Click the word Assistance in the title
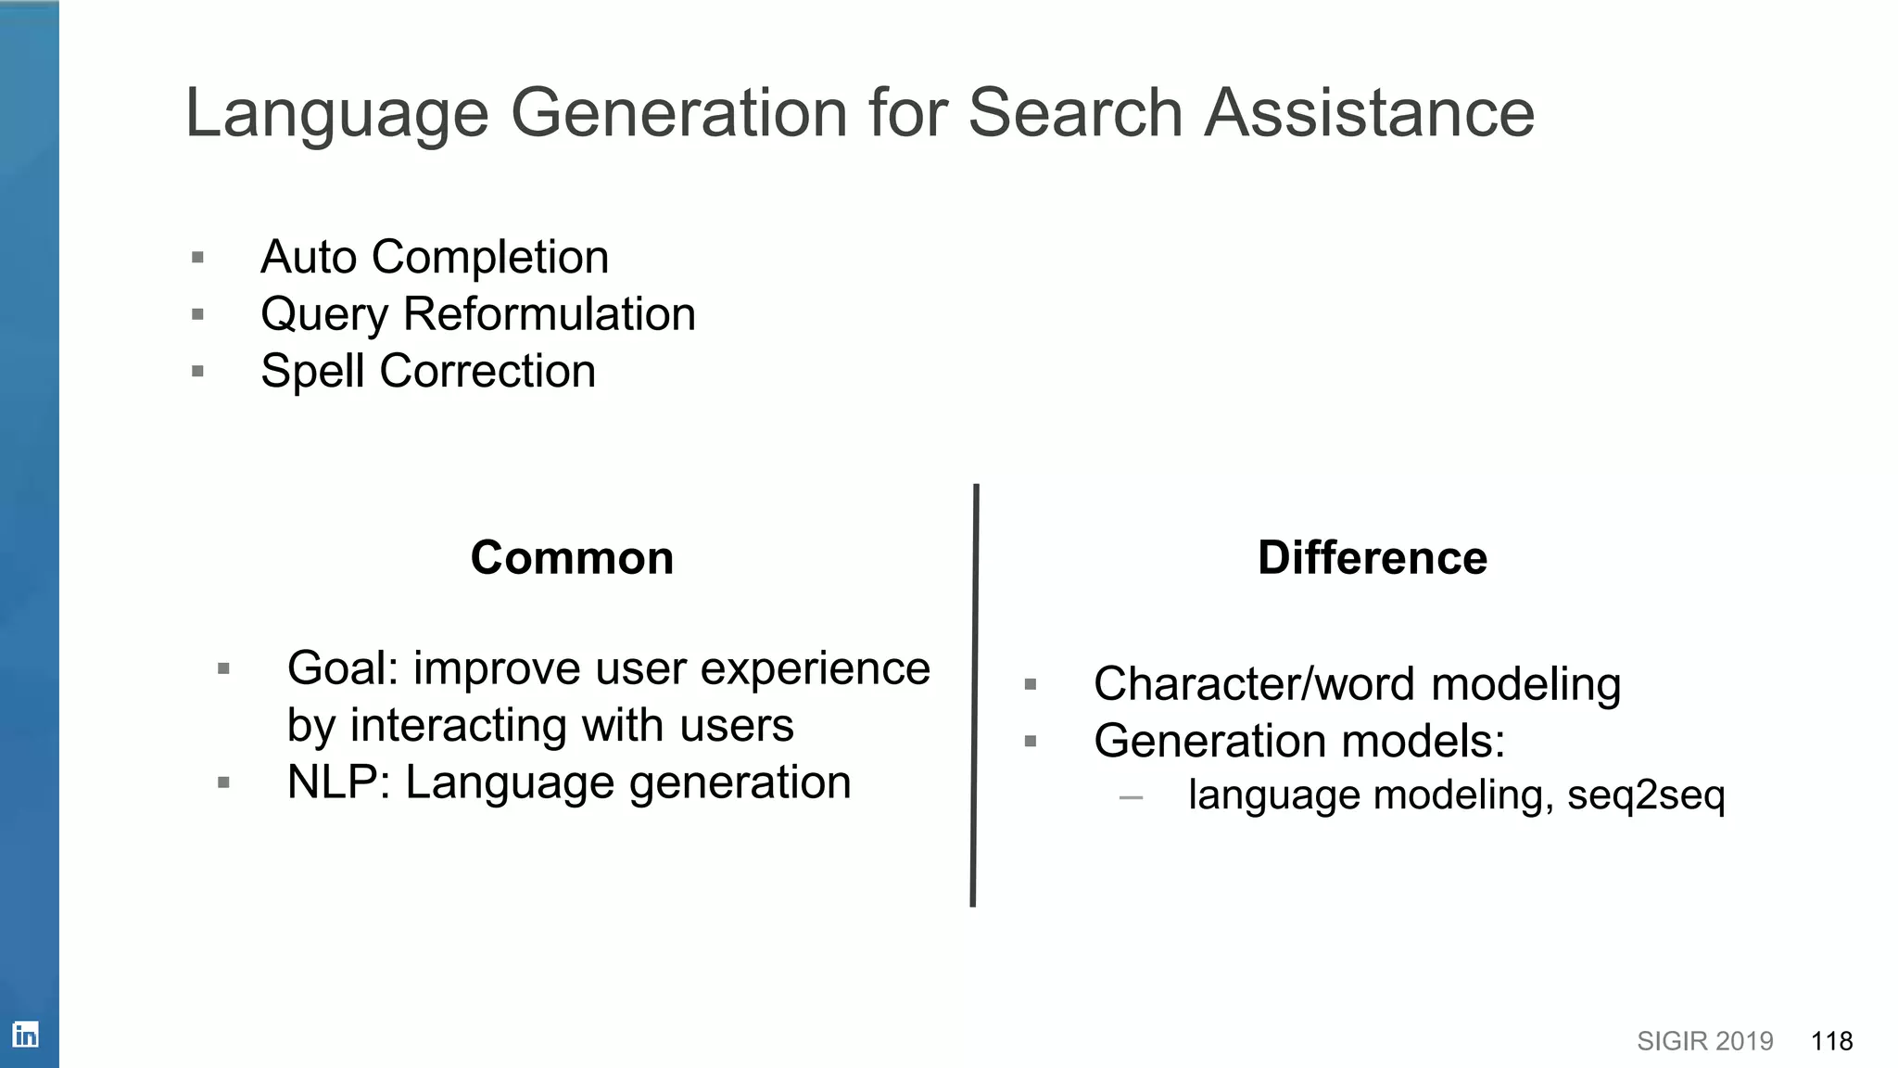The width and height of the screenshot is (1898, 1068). [x=1369, y=113]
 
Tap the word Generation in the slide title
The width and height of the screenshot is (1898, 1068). [x=678, y=113]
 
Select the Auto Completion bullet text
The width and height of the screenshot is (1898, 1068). [x=435, y=257]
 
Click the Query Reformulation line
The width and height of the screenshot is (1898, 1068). [x=477, y=314]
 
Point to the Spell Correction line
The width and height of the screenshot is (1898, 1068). [x=427, y=372]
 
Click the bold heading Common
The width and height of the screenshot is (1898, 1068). [x=572, y=558]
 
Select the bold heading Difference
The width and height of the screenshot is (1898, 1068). [x=1372, y=558]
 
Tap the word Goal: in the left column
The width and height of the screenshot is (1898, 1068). [x=343, y=668]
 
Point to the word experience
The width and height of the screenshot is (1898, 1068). [x=815, y=668]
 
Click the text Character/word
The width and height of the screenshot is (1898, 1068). [x=1254, y=684]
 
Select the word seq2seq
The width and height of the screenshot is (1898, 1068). [x=1646, y=795]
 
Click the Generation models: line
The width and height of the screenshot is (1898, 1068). [x=1299, y=742]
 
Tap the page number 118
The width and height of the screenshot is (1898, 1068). [x=1831, y=1041]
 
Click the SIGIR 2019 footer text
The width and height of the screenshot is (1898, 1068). [x=1704, y=1041]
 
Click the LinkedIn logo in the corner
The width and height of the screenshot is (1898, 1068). [x=25, y=1035]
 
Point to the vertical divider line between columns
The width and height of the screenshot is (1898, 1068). [x=974, y=695]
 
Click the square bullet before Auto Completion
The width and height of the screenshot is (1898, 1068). [x=197, y=258]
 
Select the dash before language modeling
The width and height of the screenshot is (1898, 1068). [x=1131, y=797]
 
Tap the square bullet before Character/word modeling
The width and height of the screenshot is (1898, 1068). [x=1030, y=685]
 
